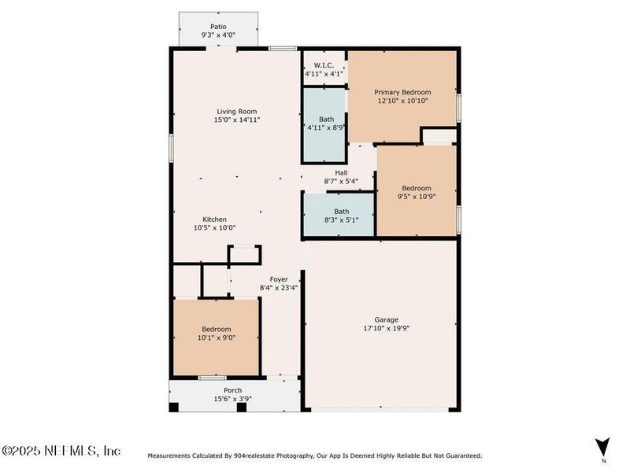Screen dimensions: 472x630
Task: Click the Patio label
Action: [x=218, y=26]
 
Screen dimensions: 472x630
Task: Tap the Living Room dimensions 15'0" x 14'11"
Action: [x=237, y=120]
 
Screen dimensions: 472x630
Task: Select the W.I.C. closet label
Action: [x=324, y=65]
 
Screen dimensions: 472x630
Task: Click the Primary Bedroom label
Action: [x=402, y=92]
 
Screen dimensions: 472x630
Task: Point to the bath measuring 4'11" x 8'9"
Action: [x=324, y=124]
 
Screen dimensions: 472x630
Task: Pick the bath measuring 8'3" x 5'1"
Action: [x=341, y=216]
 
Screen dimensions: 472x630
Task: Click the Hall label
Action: [x=341, y=172]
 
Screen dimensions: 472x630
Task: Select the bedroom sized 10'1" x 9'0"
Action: [x=217, y=334]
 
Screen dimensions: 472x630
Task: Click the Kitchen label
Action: [x=214, y=219]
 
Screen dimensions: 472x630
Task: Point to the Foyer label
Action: [x=279, y=279]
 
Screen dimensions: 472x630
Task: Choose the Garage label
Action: [x=386, y=319]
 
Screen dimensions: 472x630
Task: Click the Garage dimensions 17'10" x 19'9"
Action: [x=386, y=329]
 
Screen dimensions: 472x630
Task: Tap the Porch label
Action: [x=232, y=390]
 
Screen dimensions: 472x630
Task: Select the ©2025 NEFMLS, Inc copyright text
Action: [x=61, y=451]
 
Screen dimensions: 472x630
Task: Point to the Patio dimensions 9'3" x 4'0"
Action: [x=218, y=35]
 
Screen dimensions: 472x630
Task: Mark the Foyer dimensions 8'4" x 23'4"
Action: [x=279, y=288]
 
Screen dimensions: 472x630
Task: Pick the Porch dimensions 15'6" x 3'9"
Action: [x=232, y=400]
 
